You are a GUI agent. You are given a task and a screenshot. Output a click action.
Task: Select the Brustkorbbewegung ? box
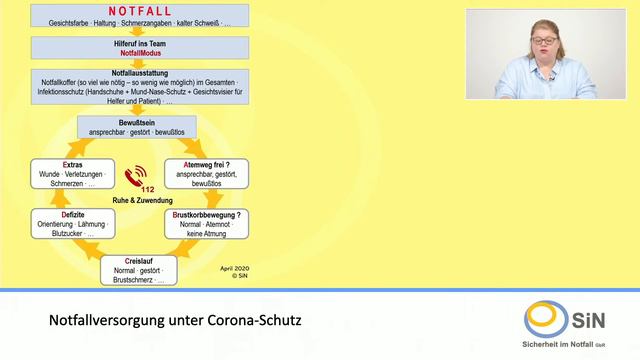tap(208, 225)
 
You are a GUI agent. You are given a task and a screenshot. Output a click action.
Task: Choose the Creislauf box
tap(139, 269)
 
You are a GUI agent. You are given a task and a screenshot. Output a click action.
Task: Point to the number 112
tap(148, 190)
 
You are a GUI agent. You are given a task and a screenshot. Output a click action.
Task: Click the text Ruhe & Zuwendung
tap(138, 200)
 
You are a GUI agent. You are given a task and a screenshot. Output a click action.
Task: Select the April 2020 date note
tap(233, 268)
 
